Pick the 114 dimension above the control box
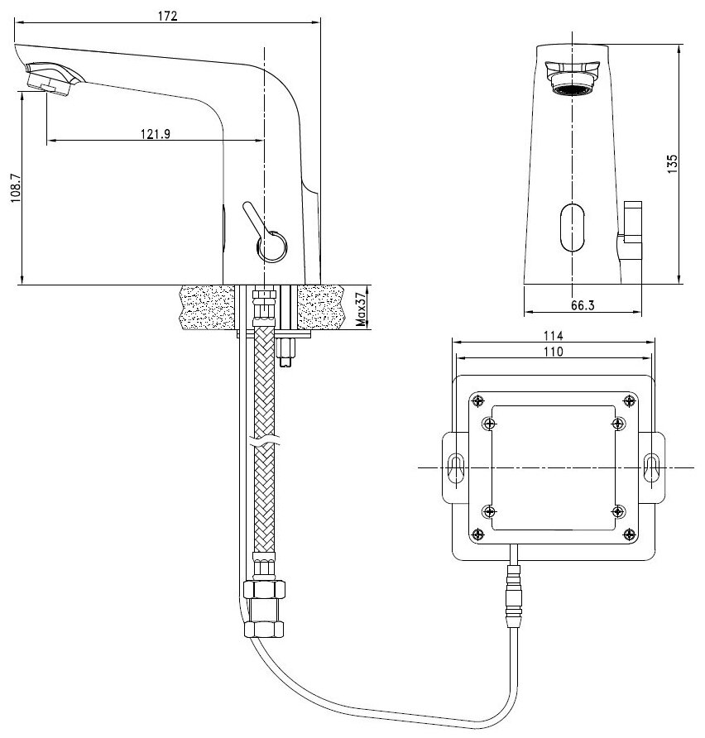point(553,336)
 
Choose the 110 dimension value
point(553,352)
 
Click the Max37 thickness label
point(362,309)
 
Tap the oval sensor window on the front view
point(572,228)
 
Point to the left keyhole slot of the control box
point(456,467)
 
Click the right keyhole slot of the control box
point(651,467)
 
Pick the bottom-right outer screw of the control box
point(630,534)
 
